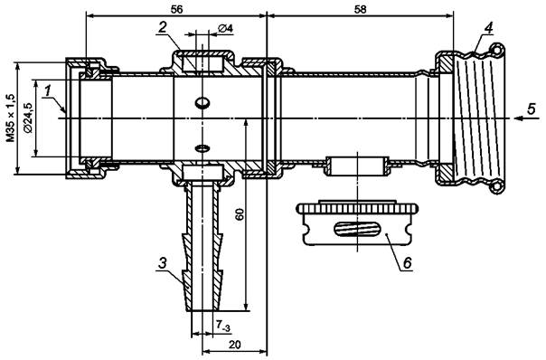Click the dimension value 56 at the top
pos(176,9)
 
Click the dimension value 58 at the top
pos(360,9)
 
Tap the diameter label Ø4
pos(225,28)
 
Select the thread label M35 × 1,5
pos(11,118)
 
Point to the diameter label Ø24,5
pos(28,118)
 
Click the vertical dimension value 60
pos(240,214)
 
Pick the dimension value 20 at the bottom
pos(235,345)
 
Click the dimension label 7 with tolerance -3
pos(223,326)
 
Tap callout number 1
pos(48,91)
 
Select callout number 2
pos(163,27)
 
